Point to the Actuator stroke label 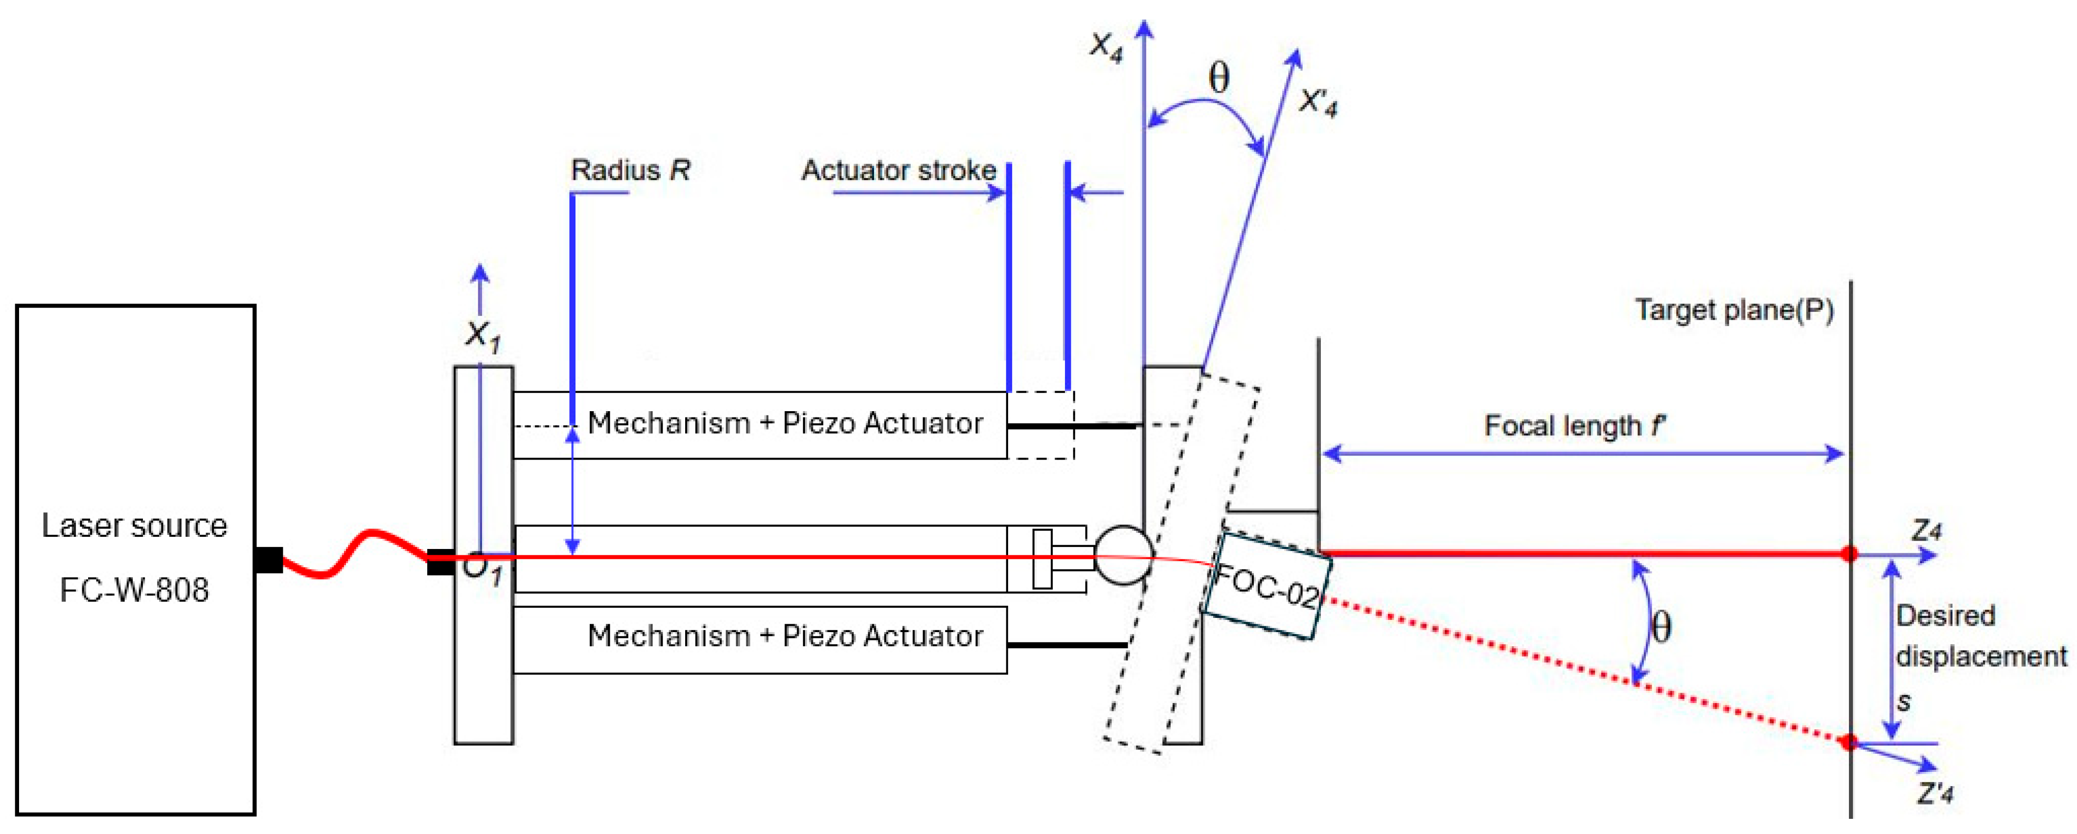coord(898,170)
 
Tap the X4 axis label coord(1106,47)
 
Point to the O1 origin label coord(482,569)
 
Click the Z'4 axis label coord(1935,794)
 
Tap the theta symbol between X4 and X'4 coord(1219,78)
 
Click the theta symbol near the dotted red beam coord(1661,627)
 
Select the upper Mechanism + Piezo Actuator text coord(785,423)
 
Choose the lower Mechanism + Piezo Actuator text coord(785,636)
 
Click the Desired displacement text coord(1980,636)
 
